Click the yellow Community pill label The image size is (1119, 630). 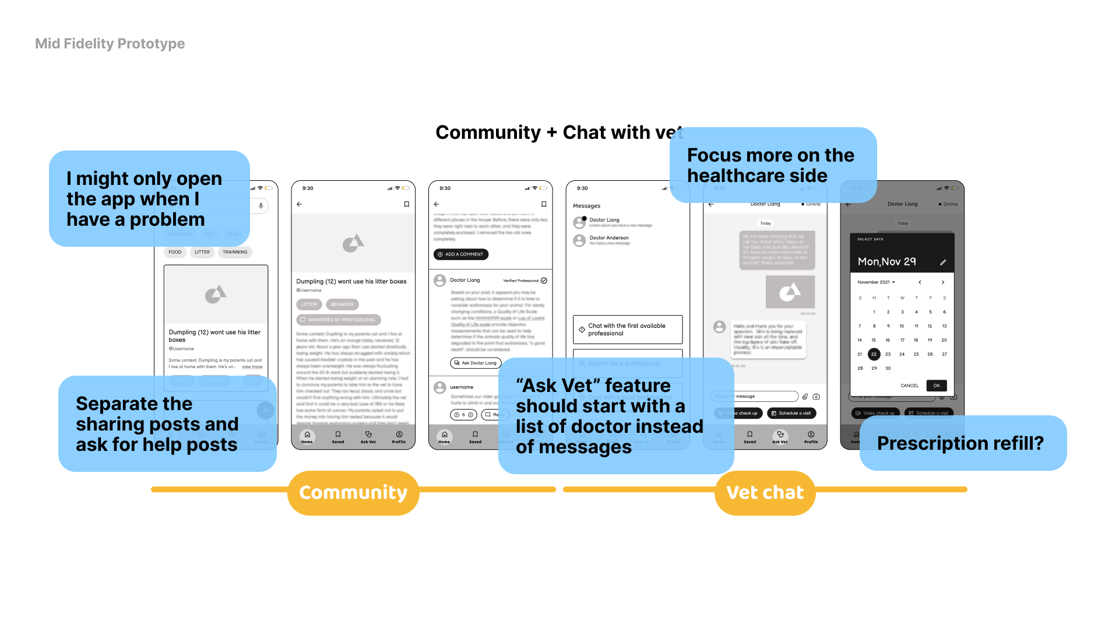tap(353, 493)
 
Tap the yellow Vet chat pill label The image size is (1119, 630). tap(765, 493)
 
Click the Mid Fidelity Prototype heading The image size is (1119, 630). tap(110, 44)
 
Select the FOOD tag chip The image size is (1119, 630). tap(175, 252)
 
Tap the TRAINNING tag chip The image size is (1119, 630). tap(235, 252)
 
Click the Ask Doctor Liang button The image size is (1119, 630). tap(476, 363)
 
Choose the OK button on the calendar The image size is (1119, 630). tap(936, 386)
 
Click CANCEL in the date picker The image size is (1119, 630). tap(909, 386)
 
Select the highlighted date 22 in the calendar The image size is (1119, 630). tap(874, 354)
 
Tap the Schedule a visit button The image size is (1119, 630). tap(791, 413)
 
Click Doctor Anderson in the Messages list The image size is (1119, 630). tap(608, 238)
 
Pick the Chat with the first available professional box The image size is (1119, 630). tap(627, 330)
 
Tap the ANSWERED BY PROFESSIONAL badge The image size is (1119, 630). tap(338, 320)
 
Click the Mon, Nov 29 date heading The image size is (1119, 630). tap(886, 262)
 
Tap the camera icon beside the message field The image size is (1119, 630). tap(817, 397)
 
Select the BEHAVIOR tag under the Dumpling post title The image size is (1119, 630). tap(342, 304)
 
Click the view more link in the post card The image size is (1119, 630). tap(252, 367)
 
